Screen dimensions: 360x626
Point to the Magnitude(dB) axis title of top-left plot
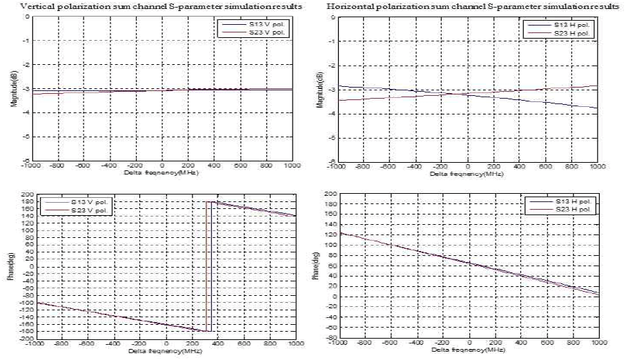pyautogui.click(x=12, y=89)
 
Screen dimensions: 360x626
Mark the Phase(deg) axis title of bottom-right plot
pyautogui.click(x=317, y=268)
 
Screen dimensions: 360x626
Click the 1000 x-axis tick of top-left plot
pyautogui.click(x=291, y=166)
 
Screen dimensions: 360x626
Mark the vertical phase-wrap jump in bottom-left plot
pyautogui.click(x=209, y=266)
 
